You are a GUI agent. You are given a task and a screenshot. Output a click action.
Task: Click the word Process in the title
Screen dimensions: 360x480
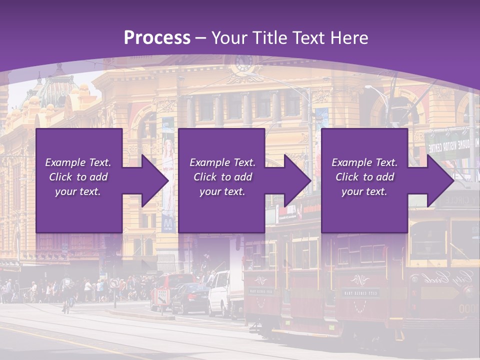pyautogui.click(x=157, y=38)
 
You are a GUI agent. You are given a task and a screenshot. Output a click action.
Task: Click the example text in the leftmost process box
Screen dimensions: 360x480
pyautogui.click(x=78, y=177)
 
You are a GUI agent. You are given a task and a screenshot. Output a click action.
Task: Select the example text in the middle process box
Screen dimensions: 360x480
pyautogui.click(x=222, y=177)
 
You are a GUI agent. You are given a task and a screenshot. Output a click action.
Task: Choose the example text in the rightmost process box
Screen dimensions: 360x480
pyautogui.click(x=364, y=177)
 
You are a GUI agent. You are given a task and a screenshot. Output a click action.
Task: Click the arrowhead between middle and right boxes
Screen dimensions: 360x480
pyautogui.click(x=295, y=180)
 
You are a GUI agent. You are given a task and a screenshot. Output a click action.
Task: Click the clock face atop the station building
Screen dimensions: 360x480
pyautogui.click(x=243, y=63)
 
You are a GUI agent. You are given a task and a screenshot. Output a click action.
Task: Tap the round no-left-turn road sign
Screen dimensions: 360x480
pyautogui.click(x=115, y=283)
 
